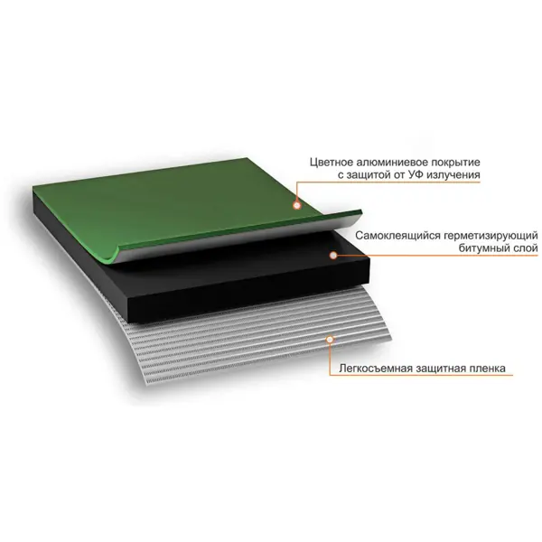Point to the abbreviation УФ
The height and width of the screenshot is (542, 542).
(416, 175)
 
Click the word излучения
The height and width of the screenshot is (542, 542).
(453, 175)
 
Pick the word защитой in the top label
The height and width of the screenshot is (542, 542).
(369, 175)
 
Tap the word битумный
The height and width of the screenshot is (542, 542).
(484, 248)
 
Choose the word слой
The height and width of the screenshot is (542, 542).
(526, 248)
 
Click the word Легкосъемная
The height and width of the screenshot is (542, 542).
(376, 369)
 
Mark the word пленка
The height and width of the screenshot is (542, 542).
(487, 369)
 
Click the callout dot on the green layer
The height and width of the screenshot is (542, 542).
(297, 206)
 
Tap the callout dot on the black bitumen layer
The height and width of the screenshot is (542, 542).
(333, 256)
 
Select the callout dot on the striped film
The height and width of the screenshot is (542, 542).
(330, 340)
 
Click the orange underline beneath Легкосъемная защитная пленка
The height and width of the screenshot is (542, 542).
(421, 376)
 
